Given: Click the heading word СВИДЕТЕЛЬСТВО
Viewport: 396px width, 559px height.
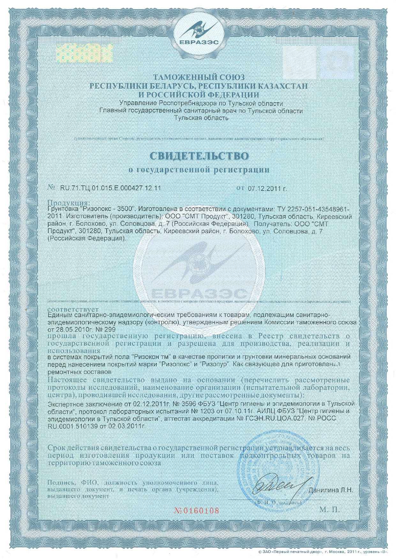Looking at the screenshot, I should (199, 156).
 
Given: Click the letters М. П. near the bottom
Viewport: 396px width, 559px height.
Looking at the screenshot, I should (329, 510).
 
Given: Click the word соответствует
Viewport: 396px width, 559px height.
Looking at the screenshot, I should (73, 309).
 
